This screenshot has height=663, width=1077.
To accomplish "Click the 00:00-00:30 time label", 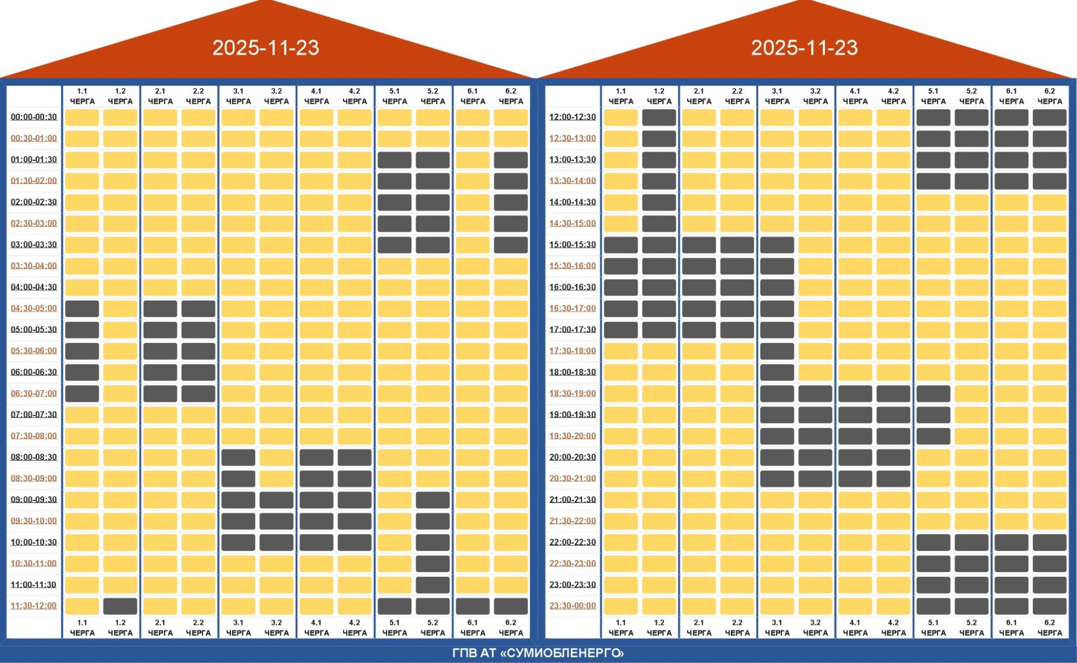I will pos(34,117).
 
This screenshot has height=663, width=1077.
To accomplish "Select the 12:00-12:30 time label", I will pos(572,117).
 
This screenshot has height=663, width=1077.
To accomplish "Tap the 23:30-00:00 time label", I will pos(572,605).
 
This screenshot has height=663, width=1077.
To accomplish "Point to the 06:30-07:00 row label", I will pos(34,393).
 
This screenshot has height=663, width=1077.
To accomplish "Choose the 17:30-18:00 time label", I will pos(572,351).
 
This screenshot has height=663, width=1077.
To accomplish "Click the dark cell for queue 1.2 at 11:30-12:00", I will pos(120,606).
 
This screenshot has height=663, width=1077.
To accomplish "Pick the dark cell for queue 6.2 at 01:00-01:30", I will pos(510,160).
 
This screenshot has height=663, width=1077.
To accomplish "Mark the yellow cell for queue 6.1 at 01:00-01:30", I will pos(472,160).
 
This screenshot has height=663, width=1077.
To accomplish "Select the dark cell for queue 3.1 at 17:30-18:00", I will pos(777,351).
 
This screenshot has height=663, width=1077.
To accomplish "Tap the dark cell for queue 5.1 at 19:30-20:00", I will pos(933,436).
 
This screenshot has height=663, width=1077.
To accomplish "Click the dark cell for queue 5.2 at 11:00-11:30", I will pos(432,585).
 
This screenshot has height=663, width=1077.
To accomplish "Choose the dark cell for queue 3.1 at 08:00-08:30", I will pos(238,457).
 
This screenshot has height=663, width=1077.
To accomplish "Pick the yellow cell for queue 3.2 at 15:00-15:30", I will pos(815,245).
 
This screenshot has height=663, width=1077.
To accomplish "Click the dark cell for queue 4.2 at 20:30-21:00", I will pos(893,478).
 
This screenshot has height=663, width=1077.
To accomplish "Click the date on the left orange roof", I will pos(265,48).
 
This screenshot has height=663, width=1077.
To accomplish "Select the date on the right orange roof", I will pos(804,48).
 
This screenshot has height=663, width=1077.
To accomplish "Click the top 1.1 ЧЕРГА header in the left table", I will pos(82,96).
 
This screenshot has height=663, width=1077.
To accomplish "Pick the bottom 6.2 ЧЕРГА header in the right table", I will pos(1050,627).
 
